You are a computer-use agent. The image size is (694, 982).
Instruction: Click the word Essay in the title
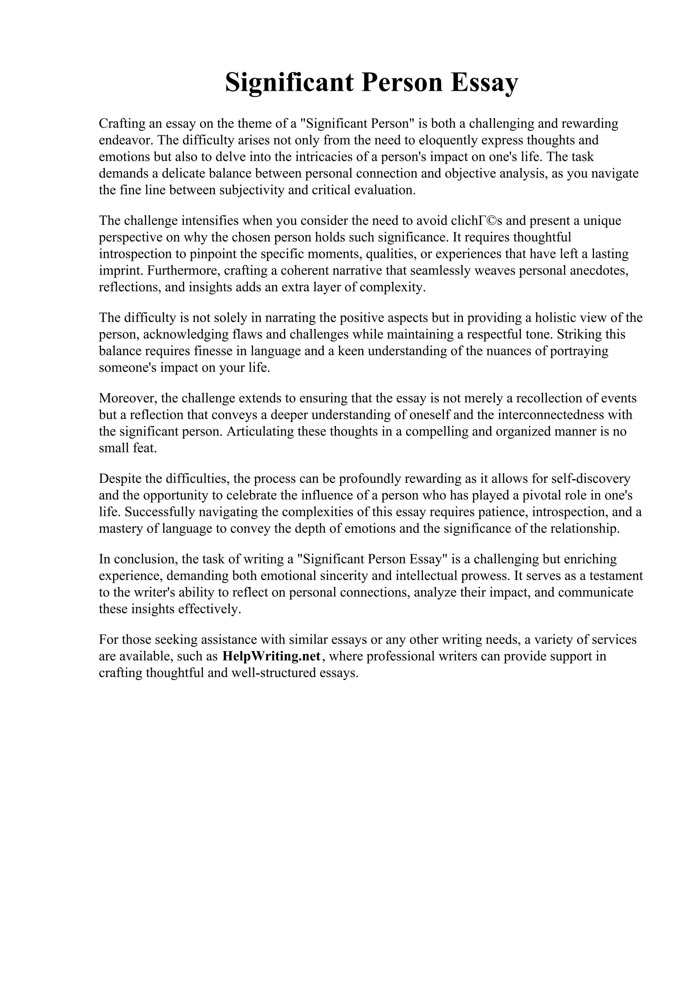click(484, 83)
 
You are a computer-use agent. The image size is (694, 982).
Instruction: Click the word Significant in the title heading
click(289, 83)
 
